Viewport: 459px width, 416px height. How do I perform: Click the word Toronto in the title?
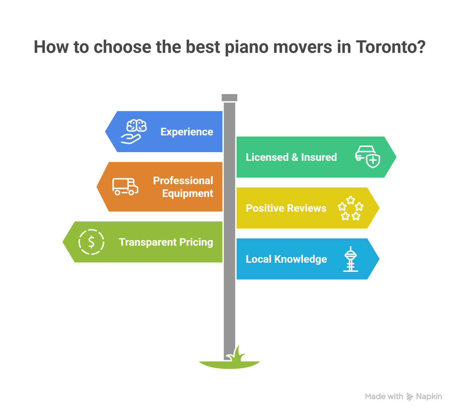point(390,47)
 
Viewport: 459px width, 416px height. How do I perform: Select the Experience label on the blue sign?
point(187,132)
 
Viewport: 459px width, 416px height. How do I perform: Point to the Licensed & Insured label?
point(291,157)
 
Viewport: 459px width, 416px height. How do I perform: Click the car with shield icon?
point(367,157)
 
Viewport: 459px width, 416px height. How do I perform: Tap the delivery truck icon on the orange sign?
point(125,187)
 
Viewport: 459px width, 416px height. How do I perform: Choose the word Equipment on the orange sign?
point(188,193)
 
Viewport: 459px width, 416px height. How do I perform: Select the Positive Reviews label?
point(286,208)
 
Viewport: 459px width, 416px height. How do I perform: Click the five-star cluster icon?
point(351,208)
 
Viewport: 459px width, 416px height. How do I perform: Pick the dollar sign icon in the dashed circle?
point(91,242)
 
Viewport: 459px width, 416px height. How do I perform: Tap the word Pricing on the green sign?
point(196,242)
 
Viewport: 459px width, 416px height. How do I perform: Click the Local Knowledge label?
point(286,259)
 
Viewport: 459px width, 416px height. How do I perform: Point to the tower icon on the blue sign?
point(351,259)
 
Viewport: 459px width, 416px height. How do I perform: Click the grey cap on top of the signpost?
point(229,97)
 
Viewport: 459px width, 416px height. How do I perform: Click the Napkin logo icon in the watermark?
point(410,397)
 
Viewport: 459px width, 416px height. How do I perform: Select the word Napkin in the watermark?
point(429,397)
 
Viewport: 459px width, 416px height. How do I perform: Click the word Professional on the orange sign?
point(183,181)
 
